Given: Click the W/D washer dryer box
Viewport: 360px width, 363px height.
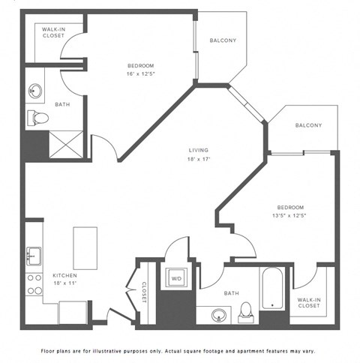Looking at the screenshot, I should [176, 279].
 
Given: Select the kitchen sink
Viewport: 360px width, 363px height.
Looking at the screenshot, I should [34, 255].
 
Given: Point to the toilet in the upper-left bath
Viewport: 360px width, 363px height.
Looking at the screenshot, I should [37, 118].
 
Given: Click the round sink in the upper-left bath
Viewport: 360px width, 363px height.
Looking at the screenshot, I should [35, 91].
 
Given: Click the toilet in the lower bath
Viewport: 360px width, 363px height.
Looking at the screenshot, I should [245, 312].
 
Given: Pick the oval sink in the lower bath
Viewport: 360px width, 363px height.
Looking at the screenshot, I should [218, 315].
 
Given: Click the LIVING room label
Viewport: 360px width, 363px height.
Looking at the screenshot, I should [198, 150].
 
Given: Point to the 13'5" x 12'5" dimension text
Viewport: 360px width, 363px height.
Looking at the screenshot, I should [290, 215].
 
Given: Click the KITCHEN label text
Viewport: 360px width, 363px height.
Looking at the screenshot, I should [65, 275].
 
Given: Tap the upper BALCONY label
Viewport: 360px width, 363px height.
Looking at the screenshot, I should [223, 40].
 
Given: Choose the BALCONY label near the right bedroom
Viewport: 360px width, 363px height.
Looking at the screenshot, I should [308, 125].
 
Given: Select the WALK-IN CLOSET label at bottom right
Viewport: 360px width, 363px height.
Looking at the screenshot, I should [309, 302].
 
